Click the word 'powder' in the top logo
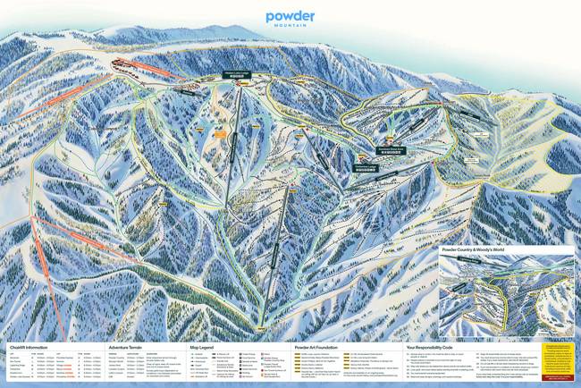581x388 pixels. (x=290, y=15)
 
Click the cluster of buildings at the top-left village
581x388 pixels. (x=125, y=64)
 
